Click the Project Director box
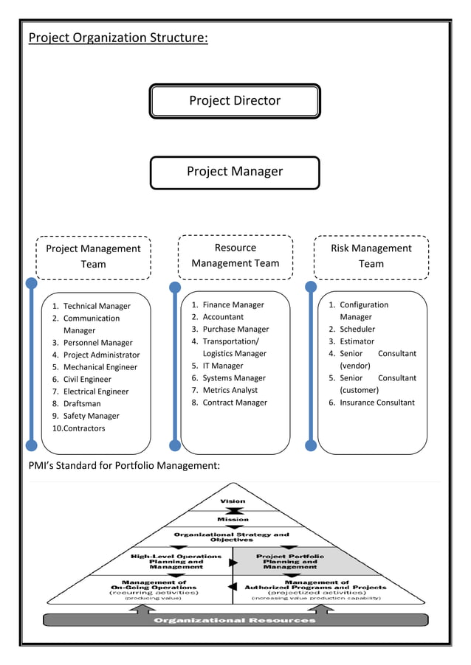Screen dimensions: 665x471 [x=235, y=101]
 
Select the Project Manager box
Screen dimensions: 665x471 [x=235, y=172]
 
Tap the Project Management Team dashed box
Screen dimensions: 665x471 [x=93, y=257]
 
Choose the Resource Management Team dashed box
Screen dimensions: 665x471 [x=235, y=256]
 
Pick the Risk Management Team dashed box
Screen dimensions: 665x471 [x=371, y=257]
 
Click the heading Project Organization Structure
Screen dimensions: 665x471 [x=118, y=38]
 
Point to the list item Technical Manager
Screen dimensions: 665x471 [x=97, y=306]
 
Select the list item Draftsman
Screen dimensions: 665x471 [x=82, y=404]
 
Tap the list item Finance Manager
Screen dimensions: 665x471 [x=233, y=304]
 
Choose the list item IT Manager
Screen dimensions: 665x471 [x=222, y=366]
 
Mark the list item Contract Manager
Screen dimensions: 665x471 [x=235, y=403]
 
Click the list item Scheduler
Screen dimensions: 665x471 [x=357, y=329]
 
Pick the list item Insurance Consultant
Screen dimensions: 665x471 [x=377, y=403]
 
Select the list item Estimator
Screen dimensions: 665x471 [x=357, y=341]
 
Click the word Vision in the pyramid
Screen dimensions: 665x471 [x=233, y=501]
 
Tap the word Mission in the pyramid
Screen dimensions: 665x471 [x=233, y=519]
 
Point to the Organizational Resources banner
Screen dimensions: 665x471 [x=235, y=620]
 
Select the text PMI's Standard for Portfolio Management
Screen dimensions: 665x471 [x=124, y=465]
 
